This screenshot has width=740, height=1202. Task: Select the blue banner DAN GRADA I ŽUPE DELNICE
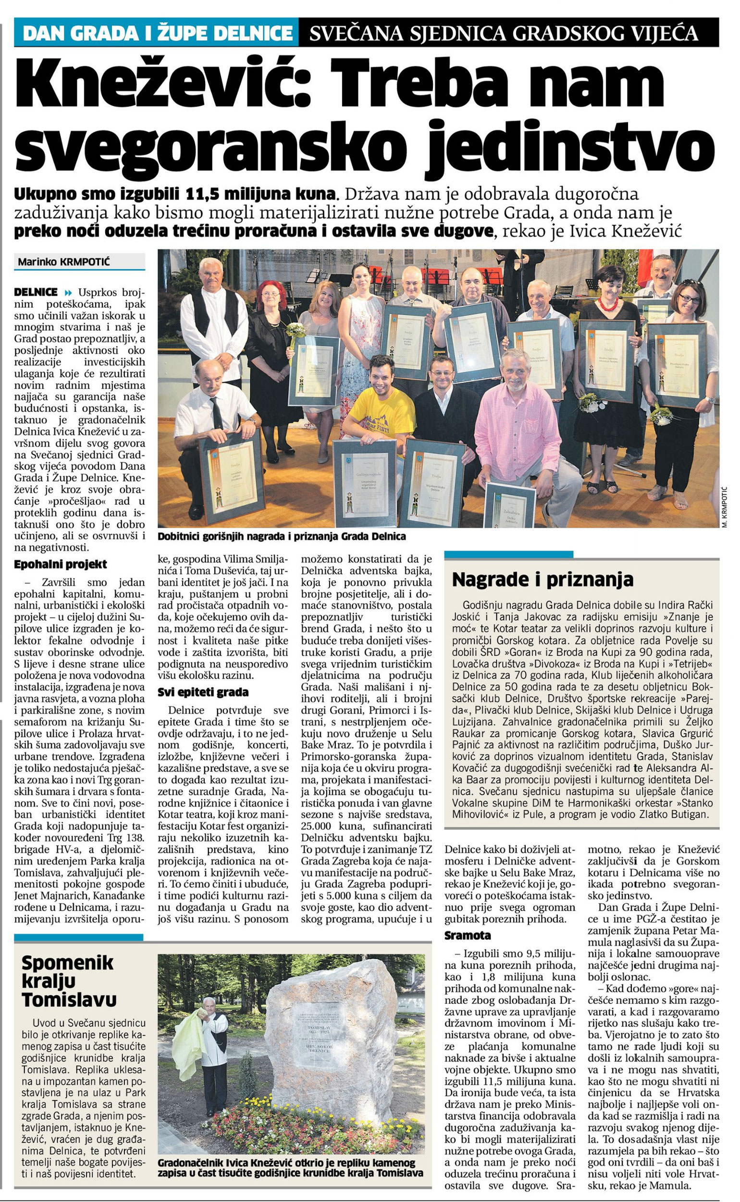(157, 33)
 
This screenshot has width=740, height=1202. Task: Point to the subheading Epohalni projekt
(60, 564)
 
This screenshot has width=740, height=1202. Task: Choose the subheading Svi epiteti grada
(203, 692)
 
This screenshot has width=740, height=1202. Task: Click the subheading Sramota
(468, 935)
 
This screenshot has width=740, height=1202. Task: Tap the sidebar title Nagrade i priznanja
(543, 579)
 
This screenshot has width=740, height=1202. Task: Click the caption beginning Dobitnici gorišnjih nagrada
(282, 536)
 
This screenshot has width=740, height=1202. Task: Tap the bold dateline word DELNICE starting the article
(36, 292)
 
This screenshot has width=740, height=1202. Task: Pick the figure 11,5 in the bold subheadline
(201, 194)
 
